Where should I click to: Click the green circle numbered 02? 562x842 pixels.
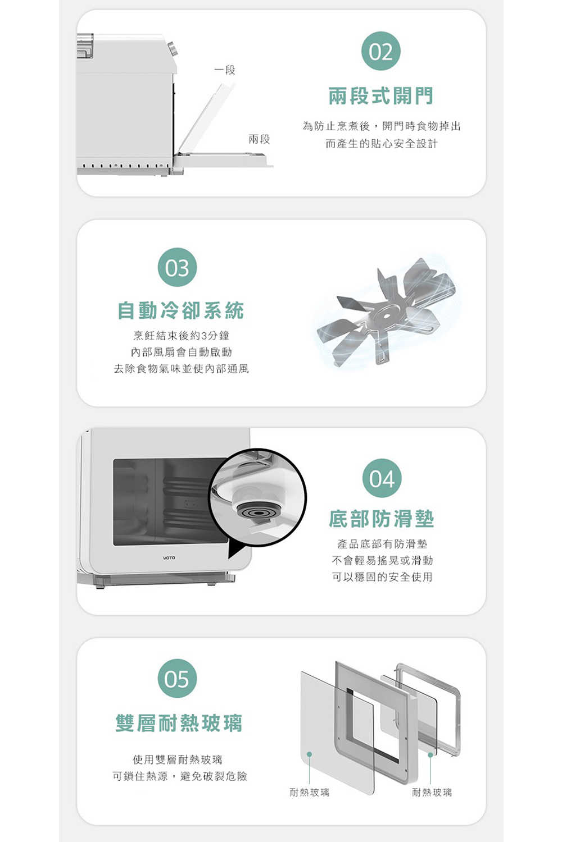381,51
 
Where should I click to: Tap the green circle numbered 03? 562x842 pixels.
177,267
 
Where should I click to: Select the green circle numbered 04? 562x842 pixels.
382,478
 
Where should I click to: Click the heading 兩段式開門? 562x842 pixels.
381,96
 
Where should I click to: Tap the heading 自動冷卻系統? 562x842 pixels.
181,311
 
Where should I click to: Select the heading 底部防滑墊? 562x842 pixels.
381,519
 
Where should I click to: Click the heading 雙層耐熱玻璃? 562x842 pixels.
179,723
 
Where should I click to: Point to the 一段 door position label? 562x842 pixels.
225,70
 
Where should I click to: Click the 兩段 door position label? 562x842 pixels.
259,139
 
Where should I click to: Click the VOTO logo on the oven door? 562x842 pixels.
169,558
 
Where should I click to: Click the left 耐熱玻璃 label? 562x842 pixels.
310,793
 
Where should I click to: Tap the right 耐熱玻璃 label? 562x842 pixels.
432,793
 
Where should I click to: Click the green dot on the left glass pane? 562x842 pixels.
310,754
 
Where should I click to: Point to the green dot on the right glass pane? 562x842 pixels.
430,755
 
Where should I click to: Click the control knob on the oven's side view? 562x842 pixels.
173,48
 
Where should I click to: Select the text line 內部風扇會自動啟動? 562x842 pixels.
181,352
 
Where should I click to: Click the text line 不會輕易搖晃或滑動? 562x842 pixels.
382,560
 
